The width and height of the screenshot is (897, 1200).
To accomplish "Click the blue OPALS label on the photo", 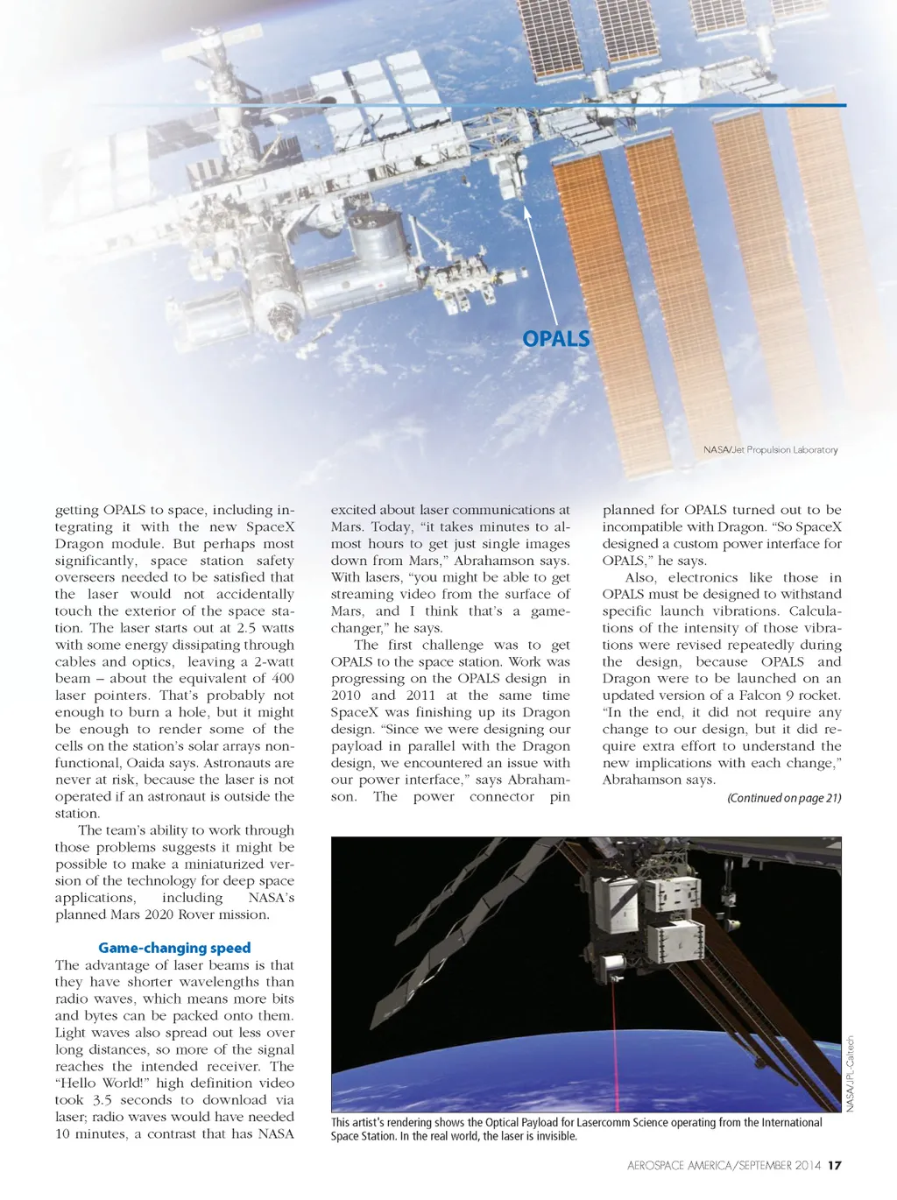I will click(555, 339).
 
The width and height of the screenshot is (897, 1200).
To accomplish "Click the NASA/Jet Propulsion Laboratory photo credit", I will click(770, 449).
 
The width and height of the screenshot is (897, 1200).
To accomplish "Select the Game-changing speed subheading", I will click(174, 948).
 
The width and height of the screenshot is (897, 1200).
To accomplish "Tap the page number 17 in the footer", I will click(834, 1165).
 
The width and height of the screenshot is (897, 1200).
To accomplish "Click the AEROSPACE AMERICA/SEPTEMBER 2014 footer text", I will click(724, 1165).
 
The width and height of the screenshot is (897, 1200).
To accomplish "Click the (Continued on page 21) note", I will click(784, 798).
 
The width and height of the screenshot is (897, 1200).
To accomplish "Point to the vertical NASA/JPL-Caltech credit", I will click(850, 1074).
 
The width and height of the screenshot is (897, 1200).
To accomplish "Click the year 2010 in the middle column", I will click(345, 695).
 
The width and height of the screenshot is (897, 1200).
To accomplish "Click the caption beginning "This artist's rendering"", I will click(576, 1129).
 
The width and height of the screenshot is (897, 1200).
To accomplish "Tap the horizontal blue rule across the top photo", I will click(464, 105).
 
